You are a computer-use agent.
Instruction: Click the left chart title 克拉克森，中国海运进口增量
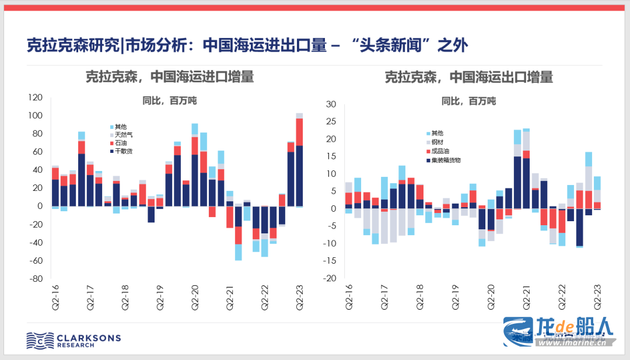(170, 77)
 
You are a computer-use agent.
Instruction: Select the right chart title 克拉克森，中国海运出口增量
(468, 77)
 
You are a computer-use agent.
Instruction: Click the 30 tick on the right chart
(331, 104)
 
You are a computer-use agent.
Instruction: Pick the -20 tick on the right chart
(330, 278)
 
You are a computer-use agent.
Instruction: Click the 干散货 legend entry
(124, 152)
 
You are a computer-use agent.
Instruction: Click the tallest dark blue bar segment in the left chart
(299, 175)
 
